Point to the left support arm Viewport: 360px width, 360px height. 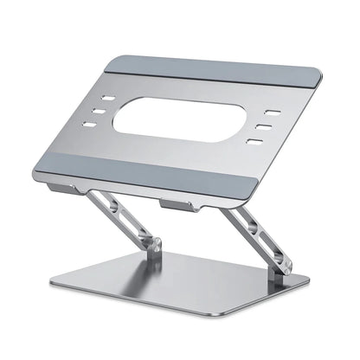130,216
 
